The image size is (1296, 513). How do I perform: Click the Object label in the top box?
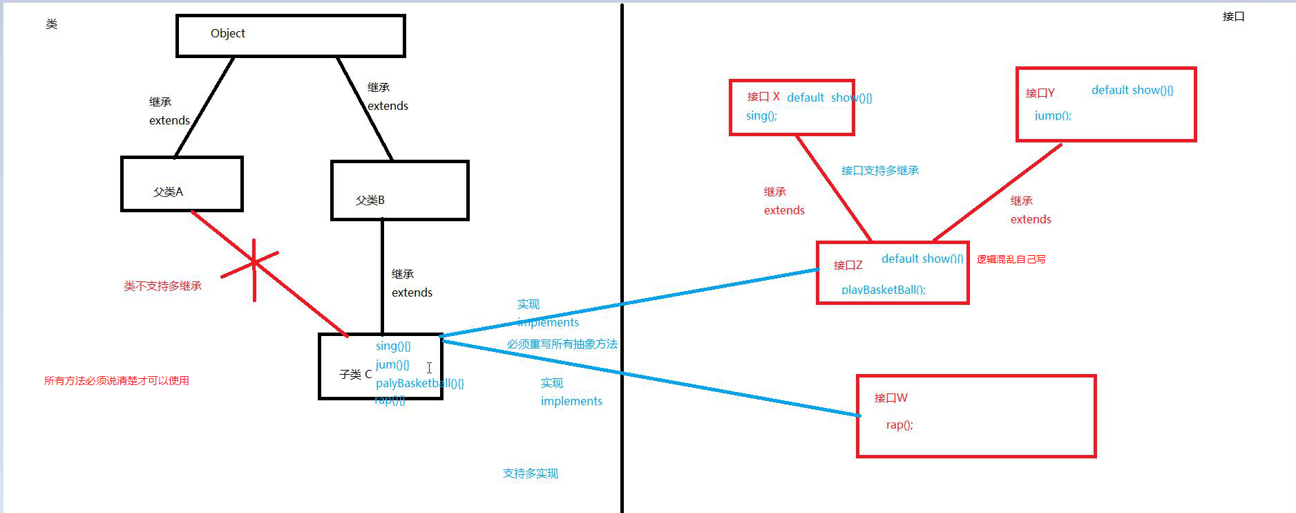coord(227,33)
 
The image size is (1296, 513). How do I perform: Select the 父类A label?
coord(168,192)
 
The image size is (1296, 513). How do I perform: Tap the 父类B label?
coord(370,200)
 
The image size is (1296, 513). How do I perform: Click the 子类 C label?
coord(355,374)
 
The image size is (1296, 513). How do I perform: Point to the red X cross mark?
coord(254,263)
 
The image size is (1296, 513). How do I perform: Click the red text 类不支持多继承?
coord(162,286)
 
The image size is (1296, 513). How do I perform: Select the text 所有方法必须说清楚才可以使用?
coord(116,380)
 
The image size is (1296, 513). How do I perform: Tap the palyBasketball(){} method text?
coord(419,383)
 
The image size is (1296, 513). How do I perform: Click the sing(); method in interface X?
coord(761,115)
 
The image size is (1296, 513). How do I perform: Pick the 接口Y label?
coord(1040,93)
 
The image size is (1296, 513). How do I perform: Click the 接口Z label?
coord(848,265)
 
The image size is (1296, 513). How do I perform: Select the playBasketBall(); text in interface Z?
coord(883,290)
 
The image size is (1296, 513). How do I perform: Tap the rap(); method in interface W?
coord(899,425)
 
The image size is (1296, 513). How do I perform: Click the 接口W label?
coord(890,398)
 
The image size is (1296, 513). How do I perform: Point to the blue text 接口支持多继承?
coord(879,170)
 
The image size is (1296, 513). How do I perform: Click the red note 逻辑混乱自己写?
coord(1011,259)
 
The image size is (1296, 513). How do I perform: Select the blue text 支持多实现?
coord(530,473)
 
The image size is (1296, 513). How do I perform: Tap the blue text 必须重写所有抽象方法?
coord(562,344)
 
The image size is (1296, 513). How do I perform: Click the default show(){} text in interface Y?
coord(1132,90)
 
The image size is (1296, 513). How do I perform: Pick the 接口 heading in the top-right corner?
coord(1233,17)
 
